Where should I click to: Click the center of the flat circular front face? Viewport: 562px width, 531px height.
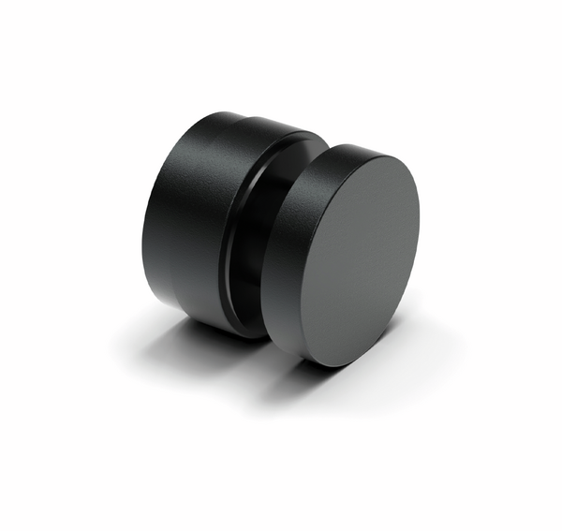[x=360, y=261]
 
